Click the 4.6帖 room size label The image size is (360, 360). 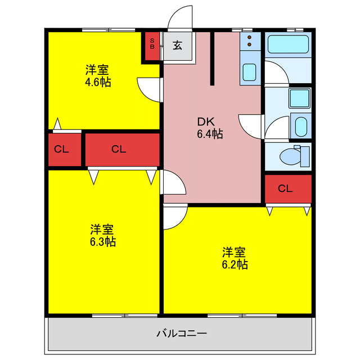98,82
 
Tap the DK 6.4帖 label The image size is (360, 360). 209,134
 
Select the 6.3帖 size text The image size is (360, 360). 103,242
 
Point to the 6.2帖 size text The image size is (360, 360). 235,264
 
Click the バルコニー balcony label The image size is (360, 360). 181,334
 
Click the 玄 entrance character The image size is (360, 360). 177,46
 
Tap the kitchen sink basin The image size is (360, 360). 249,72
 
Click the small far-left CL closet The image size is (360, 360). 62,150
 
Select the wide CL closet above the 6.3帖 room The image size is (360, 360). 119,149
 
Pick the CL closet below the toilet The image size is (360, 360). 285,188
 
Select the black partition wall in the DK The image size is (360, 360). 213,58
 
